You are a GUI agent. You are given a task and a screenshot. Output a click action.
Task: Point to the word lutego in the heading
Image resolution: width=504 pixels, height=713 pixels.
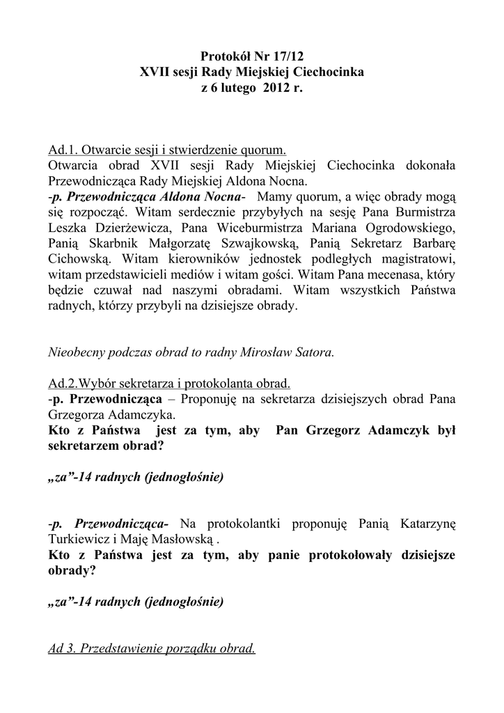[x=236, y=89]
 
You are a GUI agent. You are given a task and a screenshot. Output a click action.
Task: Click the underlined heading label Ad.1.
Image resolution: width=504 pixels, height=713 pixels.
[x=63, y=150]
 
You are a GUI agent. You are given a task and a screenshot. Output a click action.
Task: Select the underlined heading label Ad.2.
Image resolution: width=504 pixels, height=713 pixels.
[x=63, y=384]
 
